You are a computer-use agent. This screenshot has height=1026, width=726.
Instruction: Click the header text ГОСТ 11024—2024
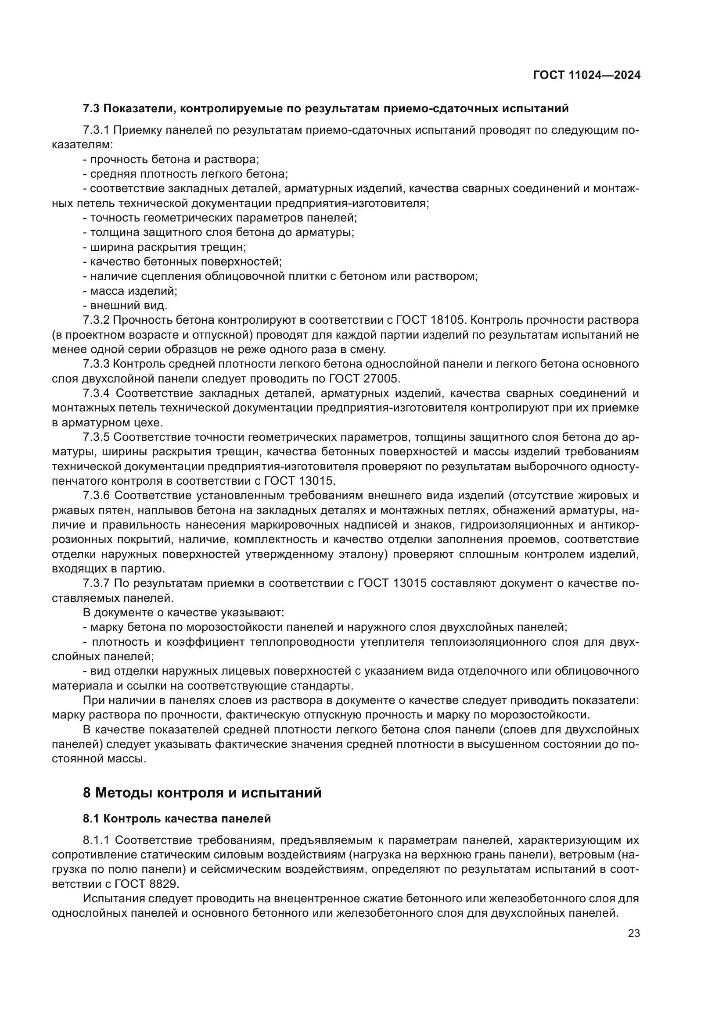tap(586, 75)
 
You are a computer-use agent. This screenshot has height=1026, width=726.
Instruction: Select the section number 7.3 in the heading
tap(92, 109)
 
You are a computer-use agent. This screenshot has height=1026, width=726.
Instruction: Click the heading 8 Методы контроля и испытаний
tap(202, 793)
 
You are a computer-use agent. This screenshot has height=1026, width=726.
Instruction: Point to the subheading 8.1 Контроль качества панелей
tap(176, 819)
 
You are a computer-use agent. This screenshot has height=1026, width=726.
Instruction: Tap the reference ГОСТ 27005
tap(363, 379)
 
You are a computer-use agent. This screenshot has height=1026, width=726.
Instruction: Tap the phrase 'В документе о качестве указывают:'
tap(183, 613)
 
